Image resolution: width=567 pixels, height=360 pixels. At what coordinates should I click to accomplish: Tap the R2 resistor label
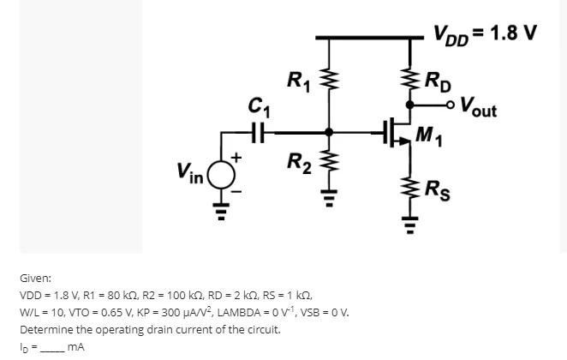(x=298, y=160)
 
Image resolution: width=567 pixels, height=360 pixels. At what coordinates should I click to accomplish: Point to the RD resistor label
(x=441, y=82)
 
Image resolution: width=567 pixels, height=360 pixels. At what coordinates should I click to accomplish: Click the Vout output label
(x=478, y=107)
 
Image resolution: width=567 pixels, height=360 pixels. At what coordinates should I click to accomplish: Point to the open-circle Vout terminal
(x=451, y=105)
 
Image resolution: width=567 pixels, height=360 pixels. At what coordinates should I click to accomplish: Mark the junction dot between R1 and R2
(x=327, y=133)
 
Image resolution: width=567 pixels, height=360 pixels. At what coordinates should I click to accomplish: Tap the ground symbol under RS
(x=409, y=226)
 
